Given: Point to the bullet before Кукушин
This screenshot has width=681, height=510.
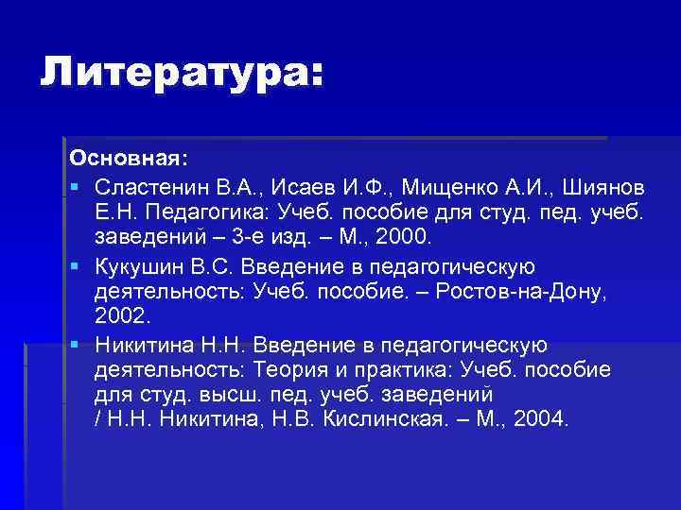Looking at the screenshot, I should coord(74,264).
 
